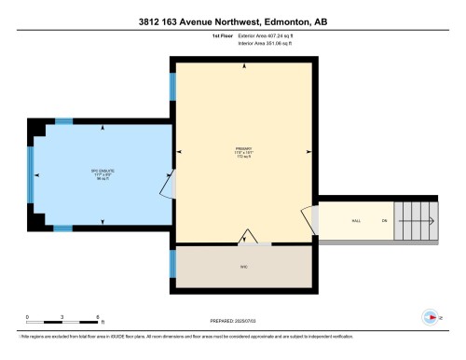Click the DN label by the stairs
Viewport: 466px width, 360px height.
coord(382,220)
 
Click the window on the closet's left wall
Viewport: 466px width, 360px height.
coord(172,264)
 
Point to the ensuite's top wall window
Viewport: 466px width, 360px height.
coord(63,120)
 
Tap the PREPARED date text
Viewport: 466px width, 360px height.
coord(234,321)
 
